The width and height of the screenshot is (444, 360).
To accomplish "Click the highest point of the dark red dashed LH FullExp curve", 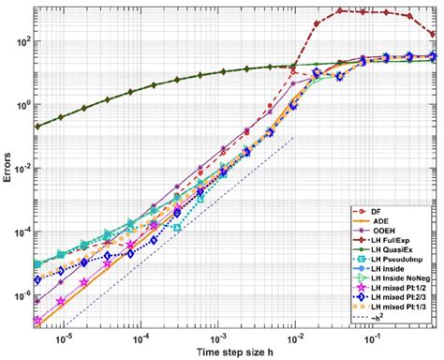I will click(x=341, y=10).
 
